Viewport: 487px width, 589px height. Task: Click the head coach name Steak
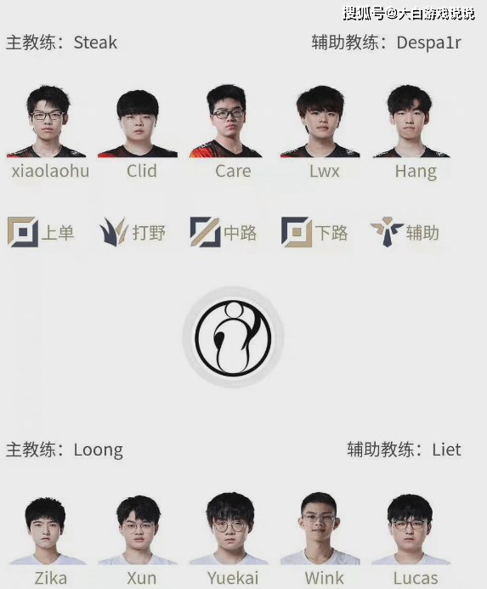click(95, 42)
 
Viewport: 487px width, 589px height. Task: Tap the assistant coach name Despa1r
click(428, 42)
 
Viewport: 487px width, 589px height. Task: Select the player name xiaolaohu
click(50, 172)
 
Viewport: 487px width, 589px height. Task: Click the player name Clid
click(142, 172)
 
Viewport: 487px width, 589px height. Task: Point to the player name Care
click(233, 172)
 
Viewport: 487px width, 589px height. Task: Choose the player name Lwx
click(325, 172)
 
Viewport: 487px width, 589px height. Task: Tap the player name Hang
click(416, 172)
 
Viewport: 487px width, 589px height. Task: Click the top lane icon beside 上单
click(23, 232)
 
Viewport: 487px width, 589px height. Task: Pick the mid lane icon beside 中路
click(205, 232)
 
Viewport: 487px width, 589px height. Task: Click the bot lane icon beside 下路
click(297, 232)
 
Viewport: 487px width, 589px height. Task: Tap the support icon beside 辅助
click(387, 232)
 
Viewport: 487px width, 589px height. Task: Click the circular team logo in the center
click(233, 337)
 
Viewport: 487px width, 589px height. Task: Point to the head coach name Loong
click(98, 450)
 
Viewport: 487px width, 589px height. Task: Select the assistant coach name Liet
click(446, 450)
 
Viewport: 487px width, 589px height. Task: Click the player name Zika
click(51, 578)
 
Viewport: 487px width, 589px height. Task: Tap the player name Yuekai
click(233, 578)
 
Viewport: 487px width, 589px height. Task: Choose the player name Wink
click(325, 578)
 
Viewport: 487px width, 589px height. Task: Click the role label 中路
click(241, 233)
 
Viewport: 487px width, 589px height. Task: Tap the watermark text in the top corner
click(409, 14)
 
